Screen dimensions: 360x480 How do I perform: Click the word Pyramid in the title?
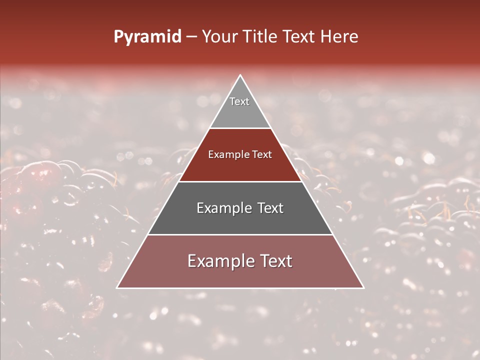pyautogui.click(x=147, y=37)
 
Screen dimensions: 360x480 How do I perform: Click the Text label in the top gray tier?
pyautogui.click(x=239, y=101)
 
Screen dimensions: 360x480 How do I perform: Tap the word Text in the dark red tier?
pyautogui.click(x=262, y=154)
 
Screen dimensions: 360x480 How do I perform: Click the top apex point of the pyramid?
pyautogui.click(x=240, y=75)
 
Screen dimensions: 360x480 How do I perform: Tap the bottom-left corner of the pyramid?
pyautogui.click(x=117, y=288)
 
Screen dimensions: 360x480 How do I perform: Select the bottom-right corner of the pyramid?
pyautogui.click(x=363, y=288)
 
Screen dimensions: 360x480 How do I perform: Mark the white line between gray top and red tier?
pyautogui.click(x=240, y=128)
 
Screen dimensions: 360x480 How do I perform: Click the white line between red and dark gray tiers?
pyautogui.click(x=240, y=181)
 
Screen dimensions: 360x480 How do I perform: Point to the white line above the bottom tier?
pyautogui.click(x=240, y=234)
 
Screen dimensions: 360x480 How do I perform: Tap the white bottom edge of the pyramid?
pyautogui.click(x=240, y=288)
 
